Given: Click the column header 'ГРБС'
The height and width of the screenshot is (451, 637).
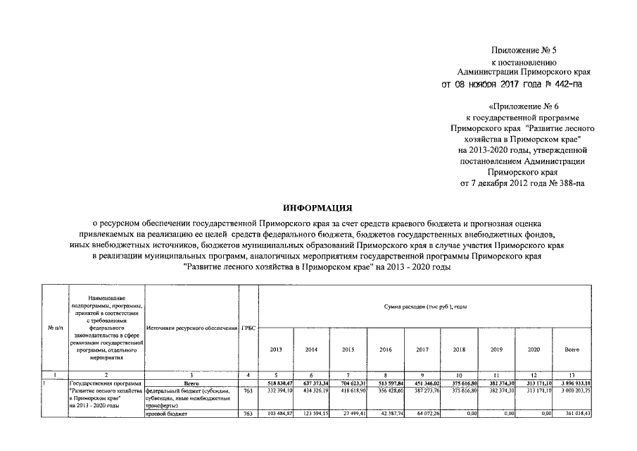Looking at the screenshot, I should click(248, 328).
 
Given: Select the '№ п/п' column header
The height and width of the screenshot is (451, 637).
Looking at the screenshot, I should click(56, 328).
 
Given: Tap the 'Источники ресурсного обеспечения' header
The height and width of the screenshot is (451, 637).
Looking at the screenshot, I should click(191, 328).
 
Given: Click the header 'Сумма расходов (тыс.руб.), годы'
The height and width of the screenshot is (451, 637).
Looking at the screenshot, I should click(426, 307).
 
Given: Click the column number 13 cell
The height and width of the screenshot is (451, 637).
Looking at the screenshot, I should click(572, 375).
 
